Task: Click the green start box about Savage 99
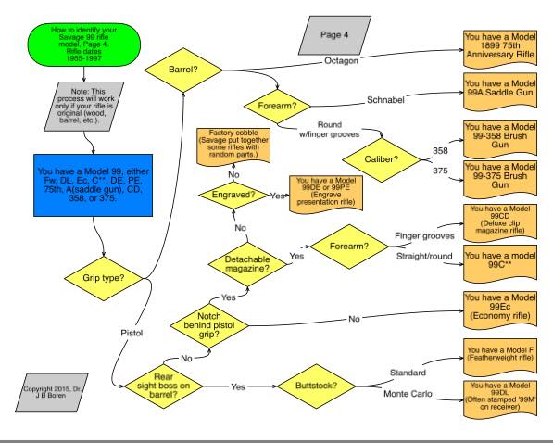coord(84,44)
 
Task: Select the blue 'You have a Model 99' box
coord(94,185)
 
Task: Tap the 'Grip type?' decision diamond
coord(104,278)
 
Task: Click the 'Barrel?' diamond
coord(183,70)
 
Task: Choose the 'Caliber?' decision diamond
coord(382,160)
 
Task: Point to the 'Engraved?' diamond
coord(233,195)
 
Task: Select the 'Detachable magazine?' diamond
coord(247,264)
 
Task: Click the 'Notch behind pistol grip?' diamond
coord(209,325)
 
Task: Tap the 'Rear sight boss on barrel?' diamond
coord(164,386)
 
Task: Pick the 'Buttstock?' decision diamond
coord(317,386)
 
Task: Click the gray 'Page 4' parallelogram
coord(334,35)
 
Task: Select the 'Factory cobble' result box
coord(233,146)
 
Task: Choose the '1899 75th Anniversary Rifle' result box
coord(500,49)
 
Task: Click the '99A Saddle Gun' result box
coord(500,92)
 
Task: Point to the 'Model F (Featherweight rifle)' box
coord(500,358)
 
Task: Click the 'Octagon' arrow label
coord(341,61)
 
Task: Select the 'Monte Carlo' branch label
coord(408,394)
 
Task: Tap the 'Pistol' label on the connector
coord(132,333)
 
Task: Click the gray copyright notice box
coord(52,393)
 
